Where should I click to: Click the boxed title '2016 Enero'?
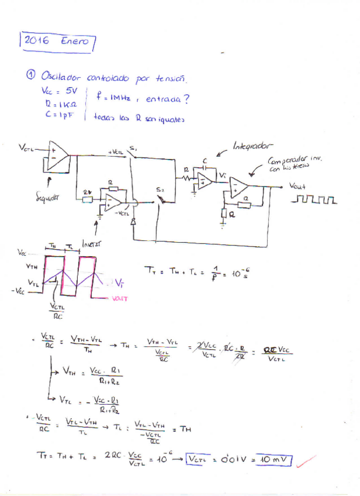coord(57,42)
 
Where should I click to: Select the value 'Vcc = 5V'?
coord(60,91)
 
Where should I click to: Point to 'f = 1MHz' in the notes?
coord(113,99)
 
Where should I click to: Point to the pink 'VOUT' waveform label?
coord(119,299)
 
